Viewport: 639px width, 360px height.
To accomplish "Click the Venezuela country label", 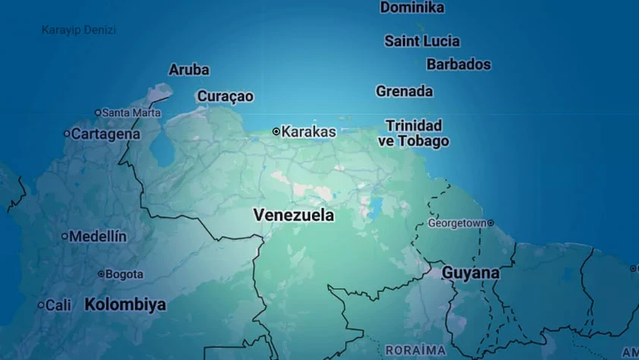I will point(294,215).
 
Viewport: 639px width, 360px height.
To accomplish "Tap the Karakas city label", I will point(308,131).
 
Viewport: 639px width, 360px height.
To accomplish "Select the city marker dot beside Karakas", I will point(276,131).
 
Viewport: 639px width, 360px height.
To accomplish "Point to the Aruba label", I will point(189,70).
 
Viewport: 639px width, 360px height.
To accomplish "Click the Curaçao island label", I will point(225,96).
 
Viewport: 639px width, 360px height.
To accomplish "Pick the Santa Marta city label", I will point(131,112).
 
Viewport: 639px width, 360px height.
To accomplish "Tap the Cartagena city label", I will point(105,134).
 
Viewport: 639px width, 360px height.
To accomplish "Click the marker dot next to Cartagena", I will point(66,134).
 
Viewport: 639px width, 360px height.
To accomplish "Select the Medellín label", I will point(98,236).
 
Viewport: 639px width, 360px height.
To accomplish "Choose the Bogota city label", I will point(124,273).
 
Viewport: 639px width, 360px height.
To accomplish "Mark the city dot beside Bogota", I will point(101,273).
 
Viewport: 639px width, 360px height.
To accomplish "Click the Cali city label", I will point(58,305).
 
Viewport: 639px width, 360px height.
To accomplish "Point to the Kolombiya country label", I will point(125,305).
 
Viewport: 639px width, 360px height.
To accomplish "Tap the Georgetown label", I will point(456,223).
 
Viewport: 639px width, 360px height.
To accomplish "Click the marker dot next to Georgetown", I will point(490,223).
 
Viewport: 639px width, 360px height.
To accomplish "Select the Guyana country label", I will point(471,272).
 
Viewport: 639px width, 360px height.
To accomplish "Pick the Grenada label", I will point(404,91).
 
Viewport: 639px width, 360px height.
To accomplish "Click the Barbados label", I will point(458,65).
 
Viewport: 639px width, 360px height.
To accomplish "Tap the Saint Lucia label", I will point(422,41).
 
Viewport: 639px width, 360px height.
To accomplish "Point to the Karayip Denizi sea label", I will point(79,30).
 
